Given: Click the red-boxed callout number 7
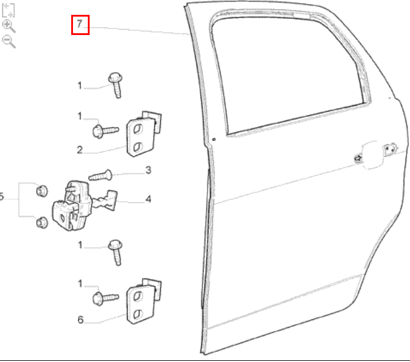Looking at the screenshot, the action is point(80,24).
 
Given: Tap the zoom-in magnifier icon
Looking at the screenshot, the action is point(9,26).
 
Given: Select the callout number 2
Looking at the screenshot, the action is point(80,150).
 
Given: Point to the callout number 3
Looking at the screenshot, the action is point(148,170).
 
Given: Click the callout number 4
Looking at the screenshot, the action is point(148,199).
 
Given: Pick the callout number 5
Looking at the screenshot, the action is point(2,196).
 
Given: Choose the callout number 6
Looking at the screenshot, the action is point(80,320).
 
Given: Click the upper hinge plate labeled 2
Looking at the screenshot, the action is point(143,134).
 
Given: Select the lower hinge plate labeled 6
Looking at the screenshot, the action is point(143,301).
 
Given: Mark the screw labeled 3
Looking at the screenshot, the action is point(101,176).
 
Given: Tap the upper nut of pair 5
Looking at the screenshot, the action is point(42,191).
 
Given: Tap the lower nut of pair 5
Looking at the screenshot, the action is point(42,223).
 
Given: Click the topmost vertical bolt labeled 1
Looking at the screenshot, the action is point(116,85).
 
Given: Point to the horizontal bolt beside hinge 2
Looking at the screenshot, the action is point(106,131).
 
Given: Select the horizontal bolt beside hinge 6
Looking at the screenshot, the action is point(106,298).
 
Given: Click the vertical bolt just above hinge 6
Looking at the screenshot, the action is point(116,252).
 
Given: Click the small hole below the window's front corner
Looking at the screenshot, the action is point(214,139).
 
